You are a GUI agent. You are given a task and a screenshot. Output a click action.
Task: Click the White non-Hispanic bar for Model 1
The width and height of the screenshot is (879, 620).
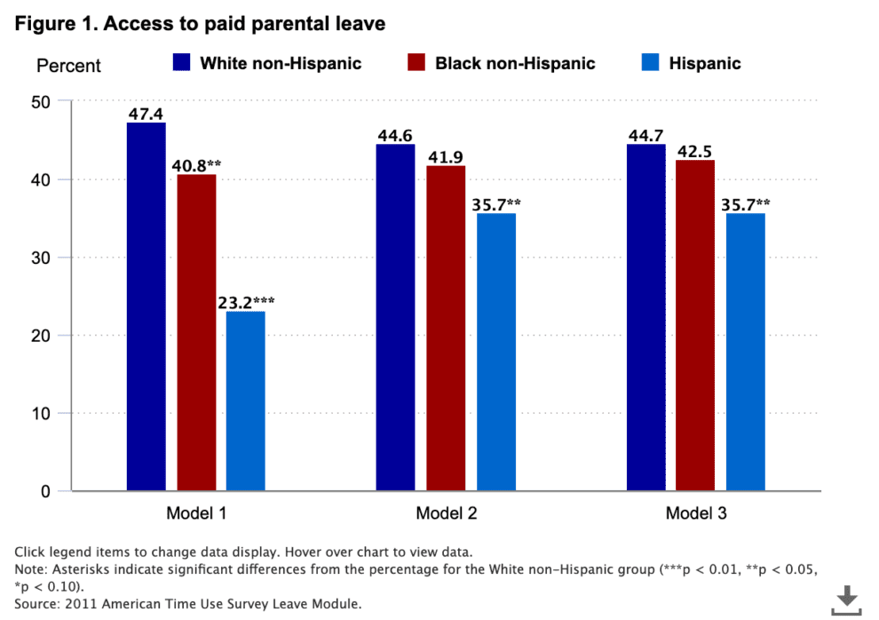146,306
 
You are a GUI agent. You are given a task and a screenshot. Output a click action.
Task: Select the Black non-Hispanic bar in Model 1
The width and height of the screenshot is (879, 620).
196,332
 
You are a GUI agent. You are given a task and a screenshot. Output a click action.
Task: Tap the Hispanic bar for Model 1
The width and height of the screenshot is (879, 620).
245,401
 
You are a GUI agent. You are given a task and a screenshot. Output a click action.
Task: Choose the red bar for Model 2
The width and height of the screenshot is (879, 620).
446,328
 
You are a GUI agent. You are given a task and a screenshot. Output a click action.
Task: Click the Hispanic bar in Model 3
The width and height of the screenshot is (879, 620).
745,352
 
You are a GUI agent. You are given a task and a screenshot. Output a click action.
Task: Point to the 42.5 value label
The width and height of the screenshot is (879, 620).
695,151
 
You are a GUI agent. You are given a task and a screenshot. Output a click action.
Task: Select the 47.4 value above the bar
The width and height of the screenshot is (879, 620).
146,114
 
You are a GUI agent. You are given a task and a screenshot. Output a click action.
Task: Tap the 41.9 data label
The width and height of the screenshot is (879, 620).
446,157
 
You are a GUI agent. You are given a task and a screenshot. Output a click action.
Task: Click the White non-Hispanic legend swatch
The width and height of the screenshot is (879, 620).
181,62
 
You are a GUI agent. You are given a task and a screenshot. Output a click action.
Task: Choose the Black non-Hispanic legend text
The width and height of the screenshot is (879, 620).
515,63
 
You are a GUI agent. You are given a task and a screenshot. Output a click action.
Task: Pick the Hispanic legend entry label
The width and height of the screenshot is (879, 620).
705,63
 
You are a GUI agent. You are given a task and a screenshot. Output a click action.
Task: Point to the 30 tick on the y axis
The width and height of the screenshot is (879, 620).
41,258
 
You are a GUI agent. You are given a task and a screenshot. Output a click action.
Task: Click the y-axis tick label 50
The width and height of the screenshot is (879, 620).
41,102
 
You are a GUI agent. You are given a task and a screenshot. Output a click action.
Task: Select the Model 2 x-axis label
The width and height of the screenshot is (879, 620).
446,514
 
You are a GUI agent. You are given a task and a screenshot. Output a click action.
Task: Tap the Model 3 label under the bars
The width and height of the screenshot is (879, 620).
695,514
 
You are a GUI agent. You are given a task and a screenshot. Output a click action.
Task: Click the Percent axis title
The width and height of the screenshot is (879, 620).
68,66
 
